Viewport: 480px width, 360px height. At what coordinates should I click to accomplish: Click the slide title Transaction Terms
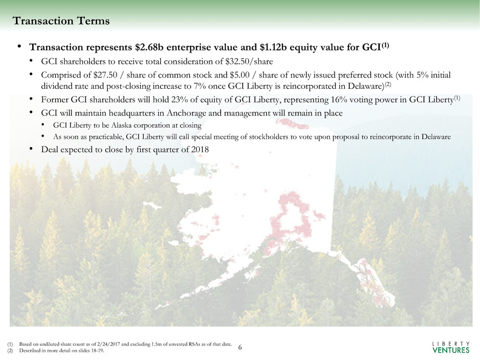pyautogui.click(x=61, y=21)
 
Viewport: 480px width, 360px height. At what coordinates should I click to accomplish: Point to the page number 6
pyautogui.click(x=241, y=347)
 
